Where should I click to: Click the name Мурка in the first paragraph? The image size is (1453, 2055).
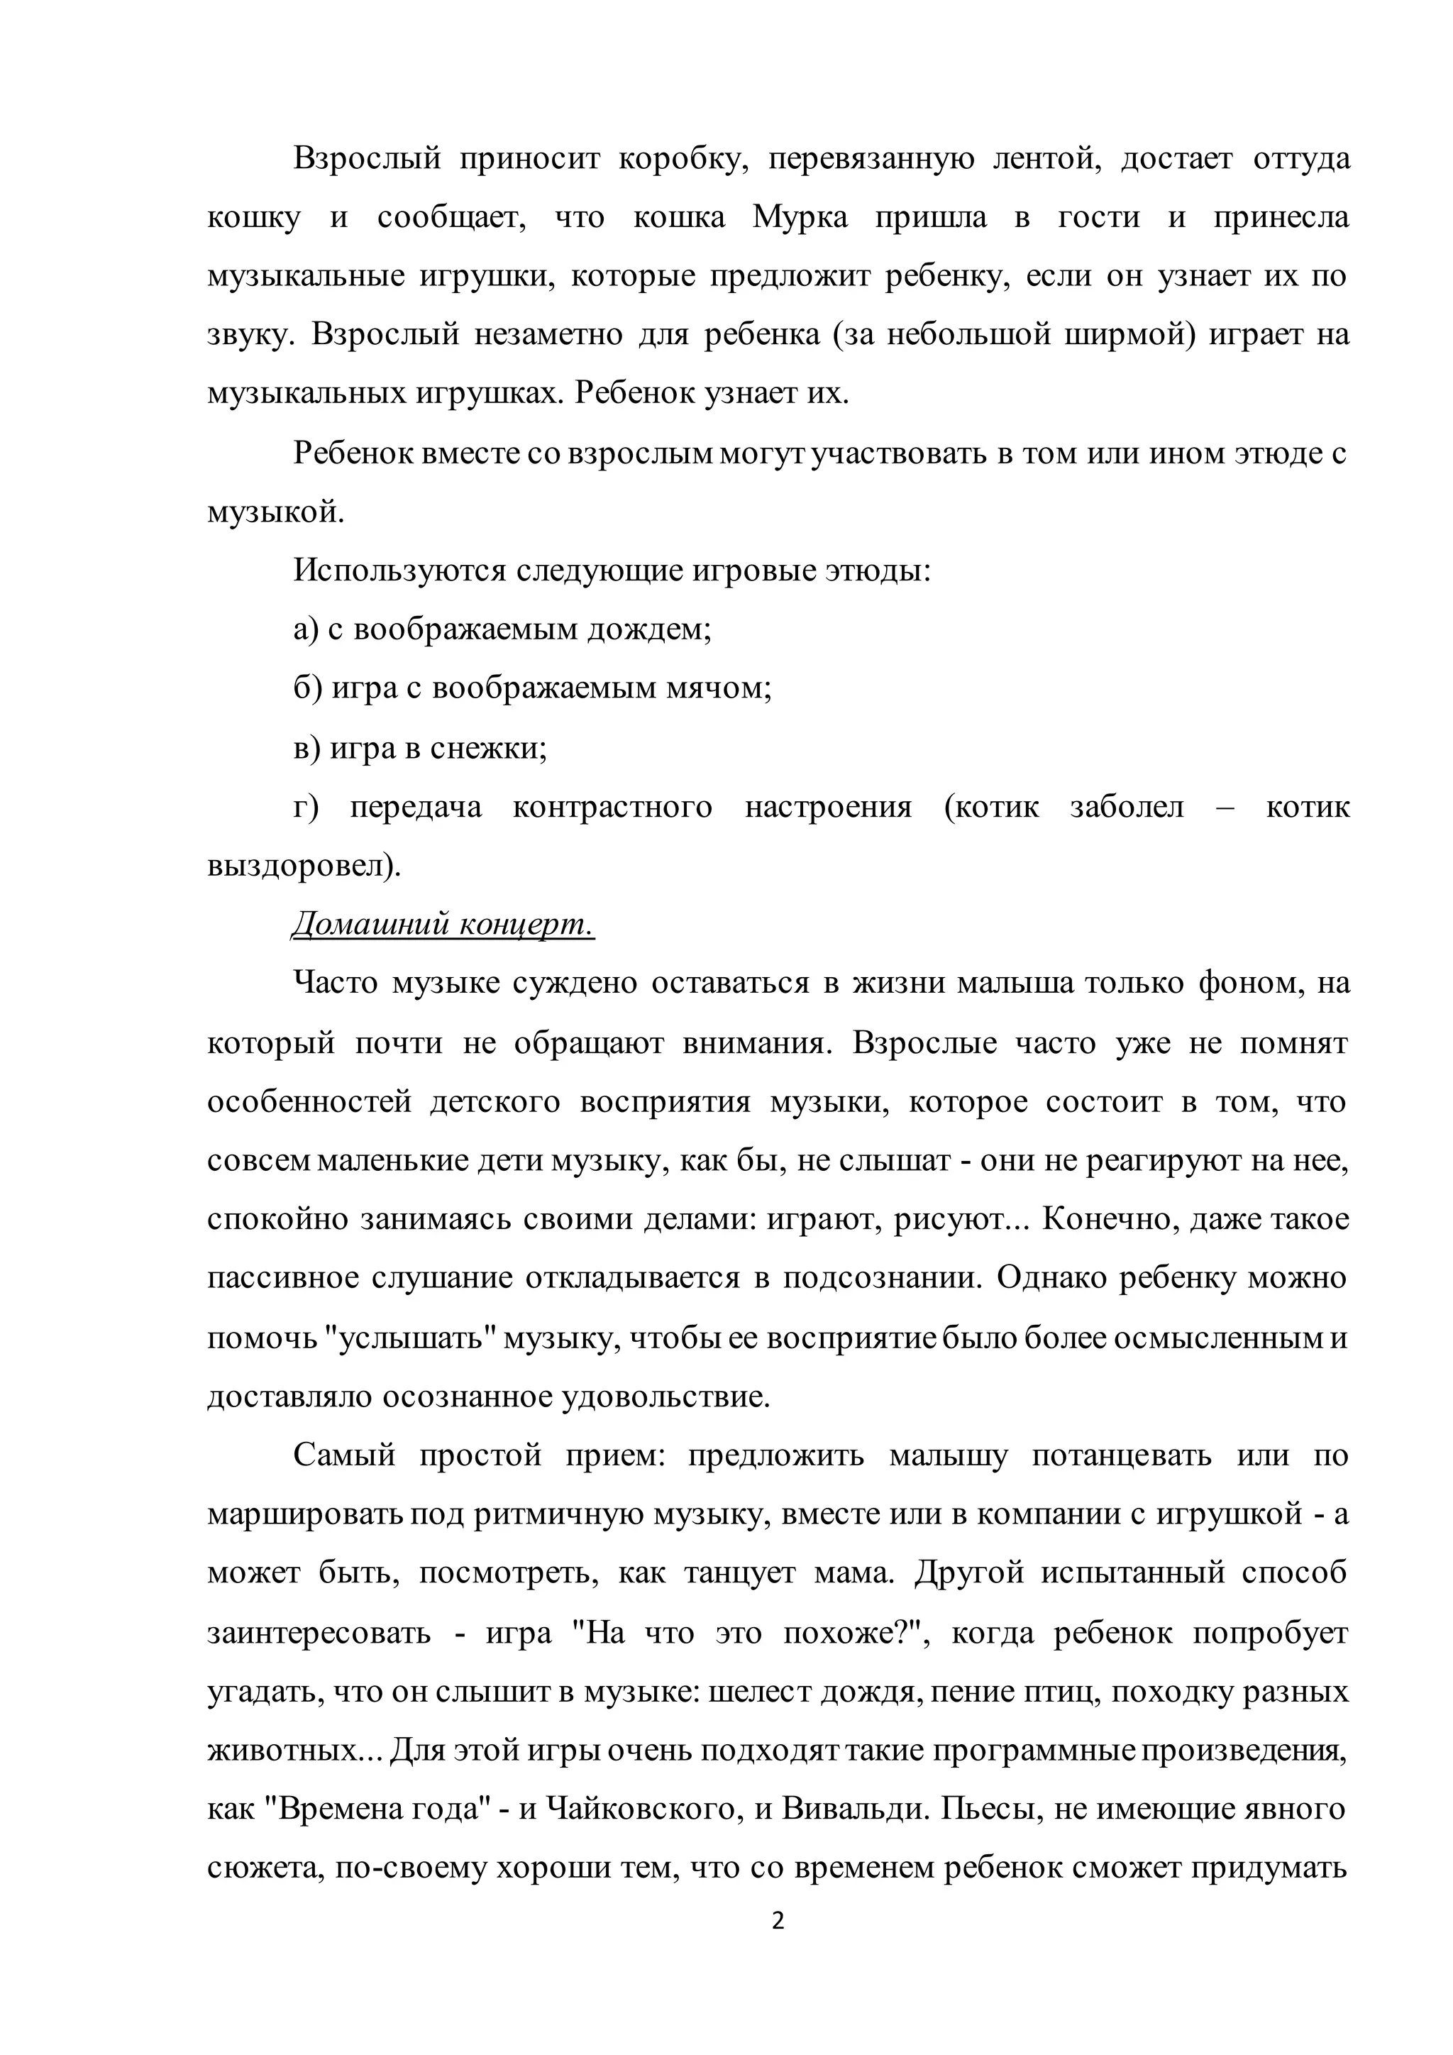800,218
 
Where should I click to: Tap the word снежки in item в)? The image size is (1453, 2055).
487,747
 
